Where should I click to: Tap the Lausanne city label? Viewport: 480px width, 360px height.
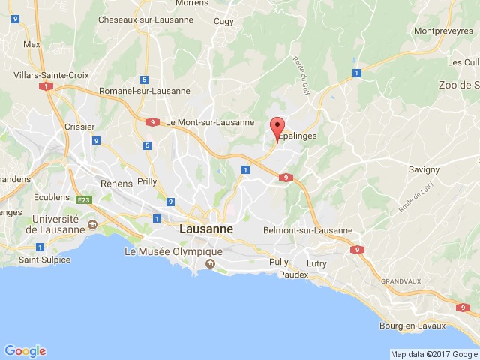[x=206, y=229]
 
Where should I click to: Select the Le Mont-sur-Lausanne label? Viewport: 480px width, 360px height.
[x=200, y=121]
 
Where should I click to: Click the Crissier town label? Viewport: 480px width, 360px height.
[x=79, y=127]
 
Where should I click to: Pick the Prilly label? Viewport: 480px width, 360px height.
[x=147, y=182]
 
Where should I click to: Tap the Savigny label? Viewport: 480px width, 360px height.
[x=424, y=169]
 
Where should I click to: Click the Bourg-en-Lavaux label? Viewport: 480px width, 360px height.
[x=412, y=325]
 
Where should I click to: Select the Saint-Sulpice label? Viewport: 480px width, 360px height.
[x=44, y=259]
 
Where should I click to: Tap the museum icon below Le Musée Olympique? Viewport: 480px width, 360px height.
[x=210, y=263]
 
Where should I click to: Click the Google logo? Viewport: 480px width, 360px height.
[x=25, y=350]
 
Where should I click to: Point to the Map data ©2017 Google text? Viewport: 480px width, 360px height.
[x=433, y=354]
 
